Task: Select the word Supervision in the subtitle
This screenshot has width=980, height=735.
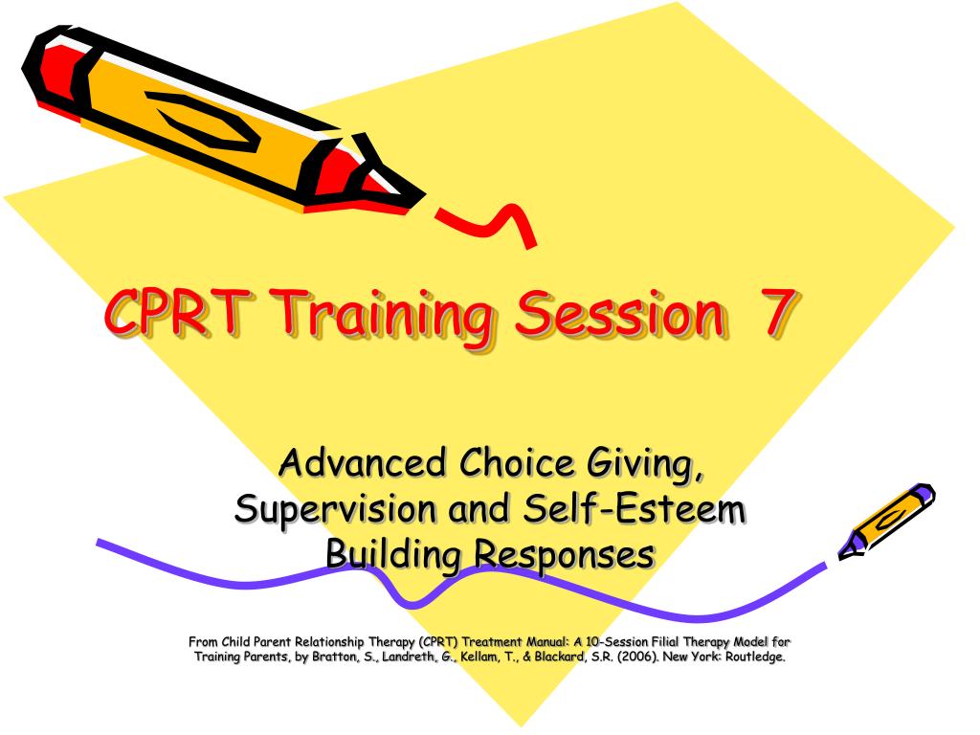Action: click(331, 508)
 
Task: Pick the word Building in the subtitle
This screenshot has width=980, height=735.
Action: click(393, 554)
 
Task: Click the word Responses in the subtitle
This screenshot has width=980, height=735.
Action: click(565, 553)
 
